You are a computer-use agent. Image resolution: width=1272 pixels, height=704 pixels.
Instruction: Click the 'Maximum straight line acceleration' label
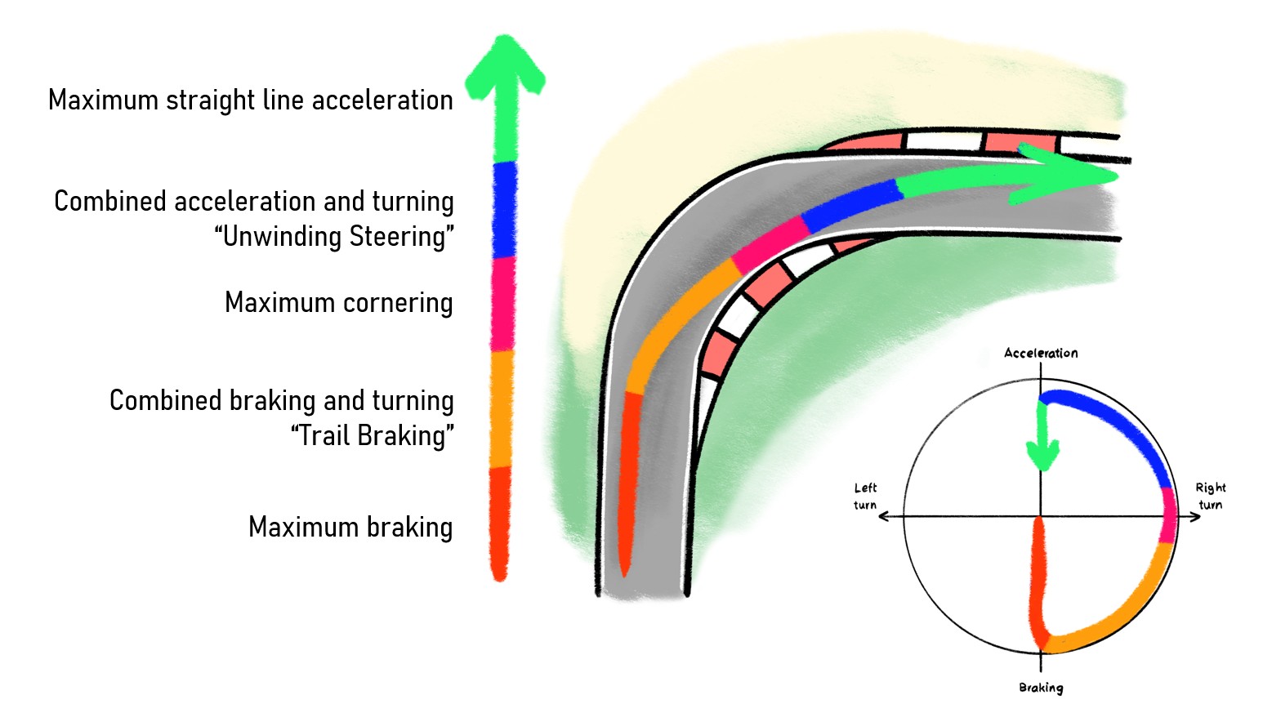(250, 100)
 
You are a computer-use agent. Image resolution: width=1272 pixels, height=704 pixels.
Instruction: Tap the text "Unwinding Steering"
(334, 237)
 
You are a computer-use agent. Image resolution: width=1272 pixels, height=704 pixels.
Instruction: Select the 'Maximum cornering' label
(338, 303)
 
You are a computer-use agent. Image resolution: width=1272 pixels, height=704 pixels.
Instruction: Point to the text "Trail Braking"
(372, 436)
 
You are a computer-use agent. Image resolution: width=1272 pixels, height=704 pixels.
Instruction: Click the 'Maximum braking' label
(350, 528)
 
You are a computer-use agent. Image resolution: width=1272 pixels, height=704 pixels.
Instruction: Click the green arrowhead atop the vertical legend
(505, 65)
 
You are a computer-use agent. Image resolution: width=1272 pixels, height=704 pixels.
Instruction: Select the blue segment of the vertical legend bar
(505, 209)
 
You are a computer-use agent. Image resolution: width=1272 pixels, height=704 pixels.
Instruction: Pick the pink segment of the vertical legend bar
(503, 304)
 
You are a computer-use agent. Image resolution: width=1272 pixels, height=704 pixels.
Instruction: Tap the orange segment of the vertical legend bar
(502, 408)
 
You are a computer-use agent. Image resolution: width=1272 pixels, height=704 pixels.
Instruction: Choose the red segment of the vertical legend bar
(500, 523)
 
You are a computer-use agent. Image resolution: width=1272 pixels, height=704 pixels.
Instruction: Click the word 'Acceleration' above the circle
(1041, 353)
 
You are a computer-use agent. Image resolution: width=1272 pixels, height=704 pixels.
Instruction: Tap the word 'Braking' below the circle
(1041, 688)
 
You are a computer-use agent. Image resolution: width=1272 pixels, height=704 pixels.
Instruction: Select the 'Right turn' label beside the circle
(1211, 496)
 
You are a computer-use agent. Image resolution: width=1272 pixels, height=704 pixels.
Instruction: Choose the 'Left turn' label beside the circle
(865, 496)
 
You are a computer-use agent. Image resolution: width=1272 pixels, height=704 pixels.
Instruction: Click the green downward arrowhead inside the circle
(1042, 454)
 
